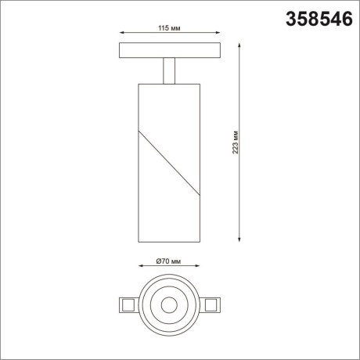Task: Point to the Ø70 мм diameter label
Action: click(168, 261)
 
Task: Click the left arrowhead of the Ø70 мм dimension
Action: click(142, 268)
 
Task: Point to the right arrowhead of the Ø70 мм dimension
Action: click(196, 268)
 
